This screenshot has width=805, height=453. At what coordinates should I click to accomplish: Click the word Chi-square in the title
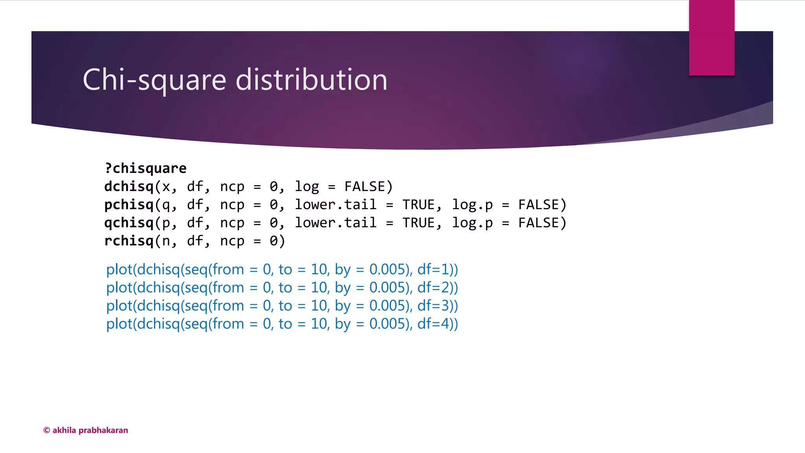coord(154,80)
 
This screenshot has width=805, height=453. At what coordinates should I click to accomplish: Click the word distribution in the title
coord(311,80)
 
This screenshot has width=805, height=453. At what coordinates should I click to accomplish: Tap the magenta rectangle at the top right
coord(711,38)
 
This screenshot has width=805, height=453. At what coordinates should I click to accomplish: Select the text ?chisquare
coord(145,168)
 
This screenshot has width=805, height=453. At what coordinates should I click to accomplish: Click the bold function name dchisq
coord(129,186)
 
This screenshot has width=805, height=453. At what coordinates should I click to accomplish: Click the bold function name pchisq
coord(129,204)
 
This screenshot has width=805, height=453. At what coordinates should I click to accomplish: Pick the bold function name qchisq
coord(129,223)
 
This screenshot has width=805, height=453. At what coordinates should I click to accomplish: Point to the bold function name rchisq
coord(129,241)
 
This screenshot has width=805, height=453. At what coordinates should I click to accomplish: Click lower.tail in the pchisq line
coord(336,204)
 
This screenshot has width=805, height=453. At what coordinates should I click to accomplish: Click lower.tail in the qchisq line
coord(336,223)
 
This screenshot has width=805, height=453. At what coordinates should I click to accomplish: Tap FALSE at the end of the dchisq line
coord(365,186)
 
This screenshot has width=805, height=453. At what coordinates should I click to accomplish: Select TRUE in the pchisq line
coord(418,204)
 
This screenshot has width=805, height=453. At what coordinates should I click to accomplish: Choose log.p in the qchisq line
coord(472,223)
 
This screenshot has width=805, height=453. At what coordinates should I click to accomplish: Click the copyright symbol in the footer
coord(46,430)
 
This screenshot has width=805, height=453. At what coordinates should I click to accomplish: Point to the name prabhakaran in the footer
coord(103,430)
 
